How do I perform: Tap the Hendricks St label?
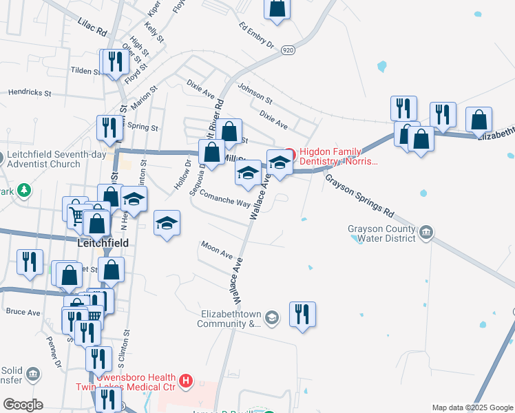[29, 92]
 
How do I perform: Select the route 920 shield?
[288, 50]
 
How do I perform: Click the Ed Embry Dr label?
[256, 36]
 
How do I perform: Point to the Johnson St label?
[255, 94]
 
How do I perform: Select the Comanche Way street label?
[225, 200]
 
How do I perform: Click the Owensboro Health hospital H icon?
[185, 380]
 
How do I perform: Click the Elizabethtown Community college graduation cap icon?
[273, 317]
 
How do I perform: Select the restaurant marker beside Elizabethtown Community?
[302, 314]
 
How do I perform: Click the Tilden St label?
[85, 71]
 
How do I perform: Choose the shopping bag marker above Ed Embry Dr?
[277, 8]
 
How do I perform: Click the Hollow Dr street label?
[187, 176]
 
